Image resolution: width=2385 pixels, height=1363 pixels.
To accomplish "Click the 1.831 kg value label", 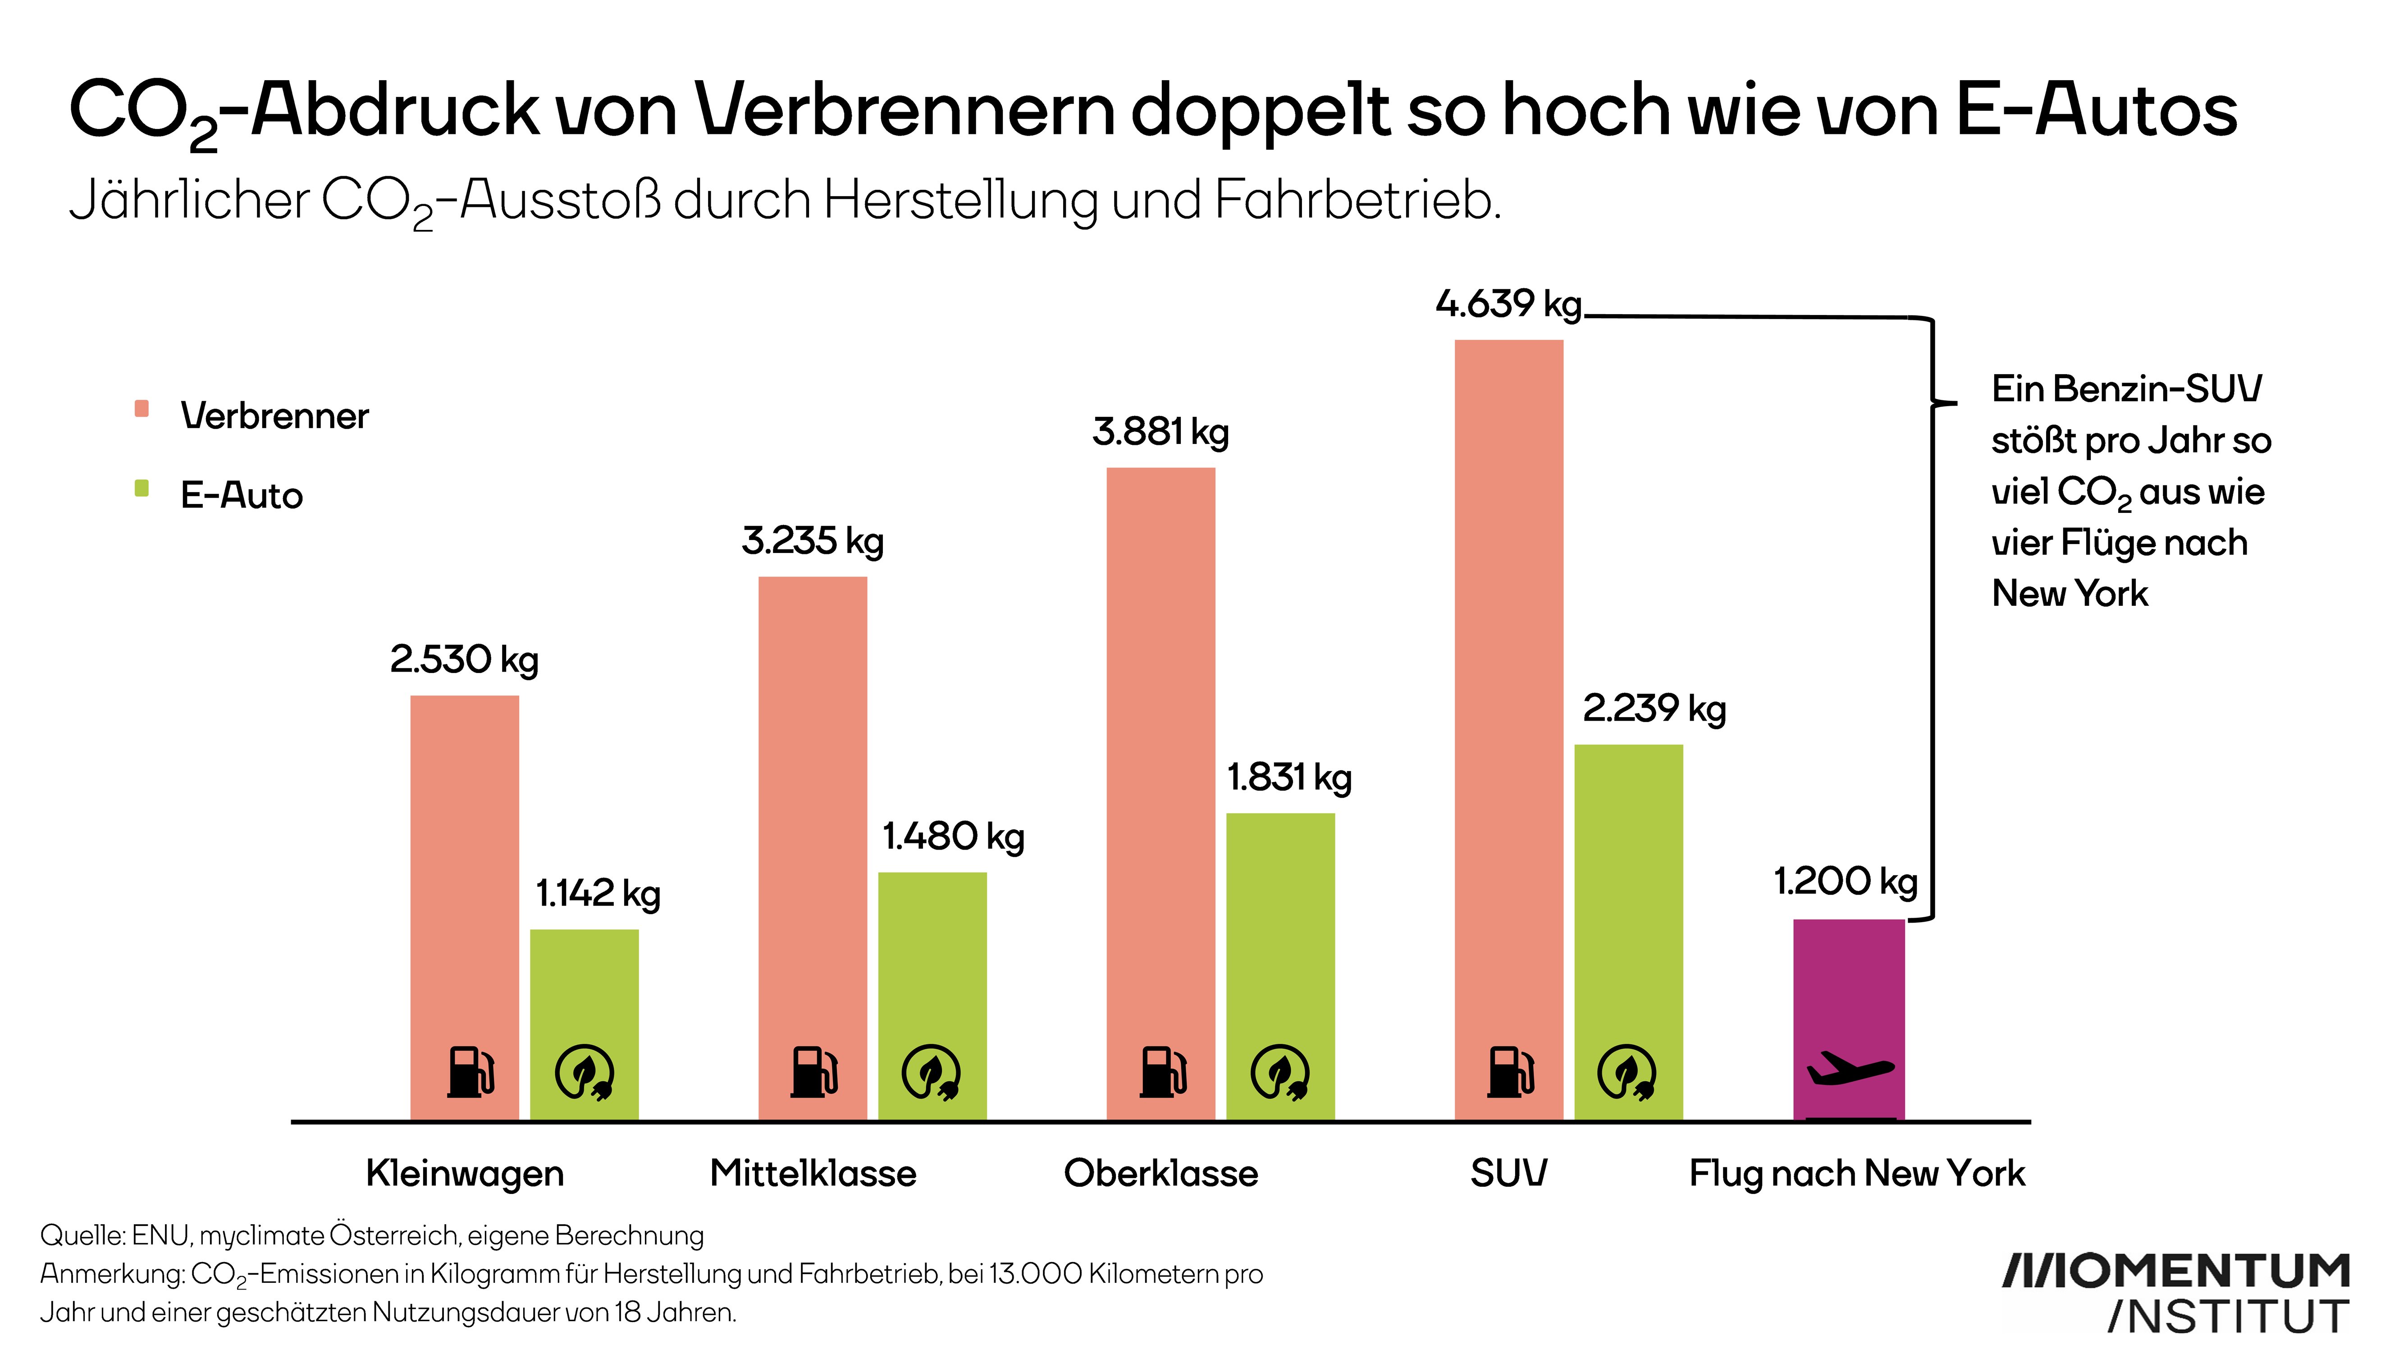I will pos(1289,778).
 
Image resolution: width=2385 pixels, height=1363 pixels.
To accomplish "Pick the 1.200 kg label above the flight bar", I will pos(1845,882).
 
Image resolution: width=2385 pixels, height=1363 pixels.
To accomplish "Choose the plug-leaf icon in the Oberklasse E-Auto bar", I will pos(1279,1072).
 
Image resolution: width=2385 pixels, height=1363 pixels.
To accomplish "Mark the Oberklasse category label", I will pos(1161,1173).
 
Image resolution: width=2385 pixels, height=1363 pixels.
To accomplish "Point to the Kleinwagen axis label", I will pos(464,1173).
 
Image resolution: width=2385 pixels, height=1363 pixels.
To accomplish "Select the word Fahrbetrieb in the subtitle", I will pos(1357,200).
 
